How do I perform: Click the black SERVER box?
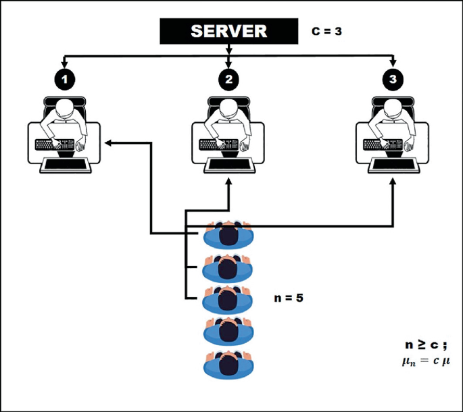tap(228, 31)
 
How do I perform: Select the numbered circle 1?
tap(65, 79)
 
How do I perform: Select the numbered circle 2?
tap(229, 79)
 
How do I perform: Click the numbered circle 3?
tap(393, 79)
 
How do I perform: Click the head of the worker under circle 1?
tap(65, 110)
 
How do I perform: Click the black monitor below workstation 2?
tap(229, 165)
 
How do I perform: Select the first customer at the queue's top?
tap(230, 236)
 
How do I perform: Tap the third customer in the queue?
tap(230, 298)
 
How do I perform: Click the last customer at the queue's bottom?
tap(230, 363)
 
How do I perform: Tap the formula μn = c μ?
tap(426, 361)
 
